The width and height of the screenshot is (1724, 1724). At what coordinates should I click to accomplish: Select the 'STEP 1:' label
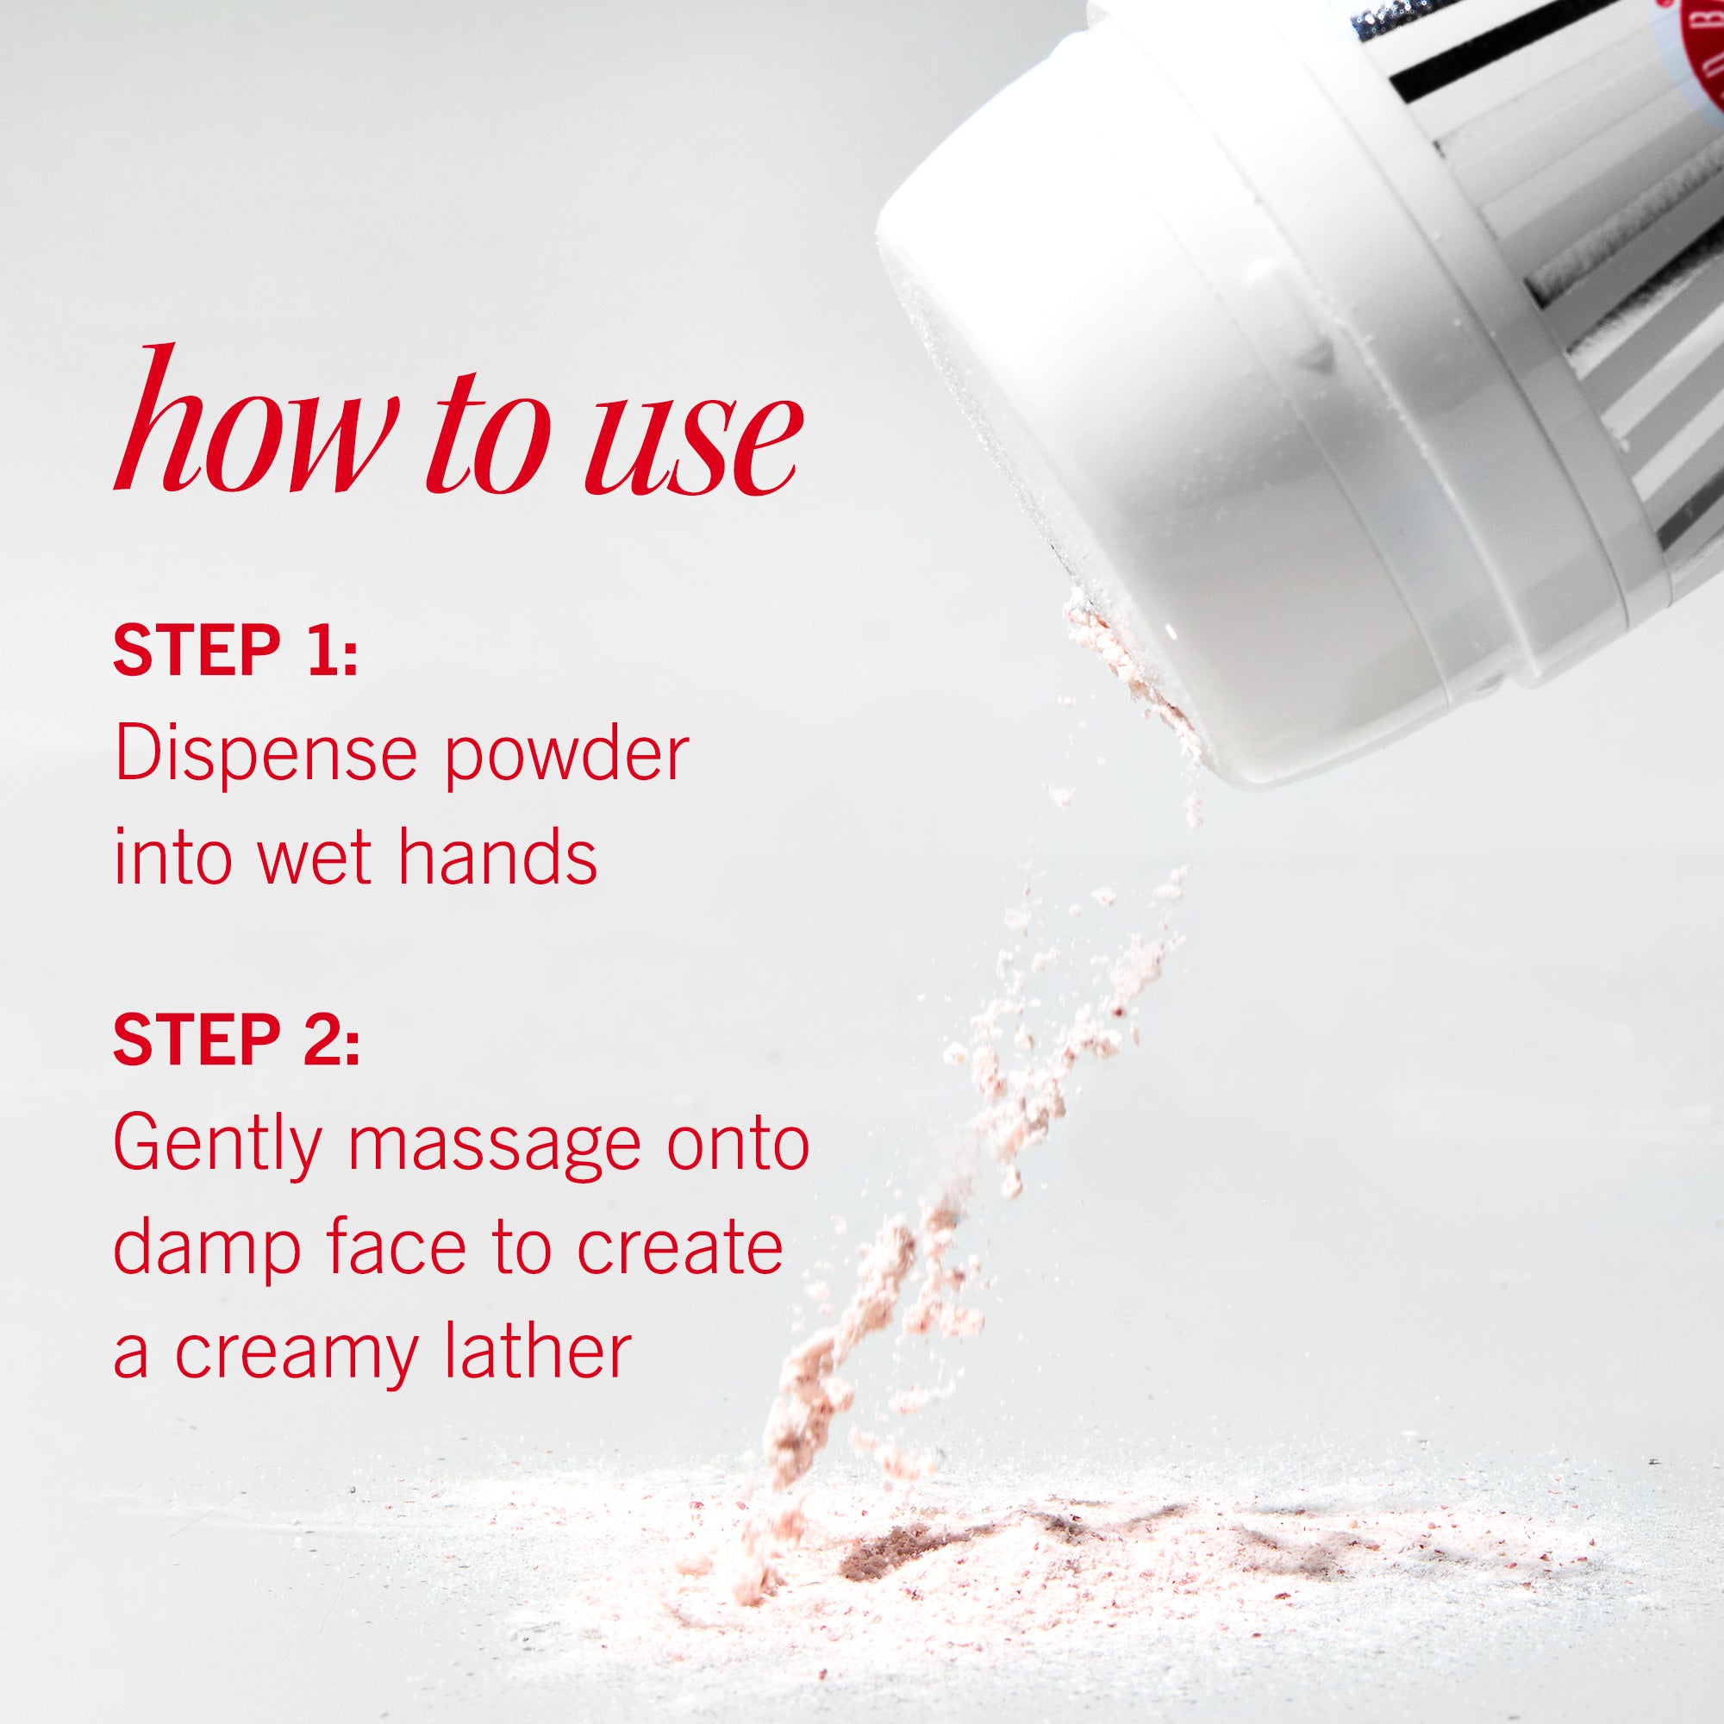point(235,651)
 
